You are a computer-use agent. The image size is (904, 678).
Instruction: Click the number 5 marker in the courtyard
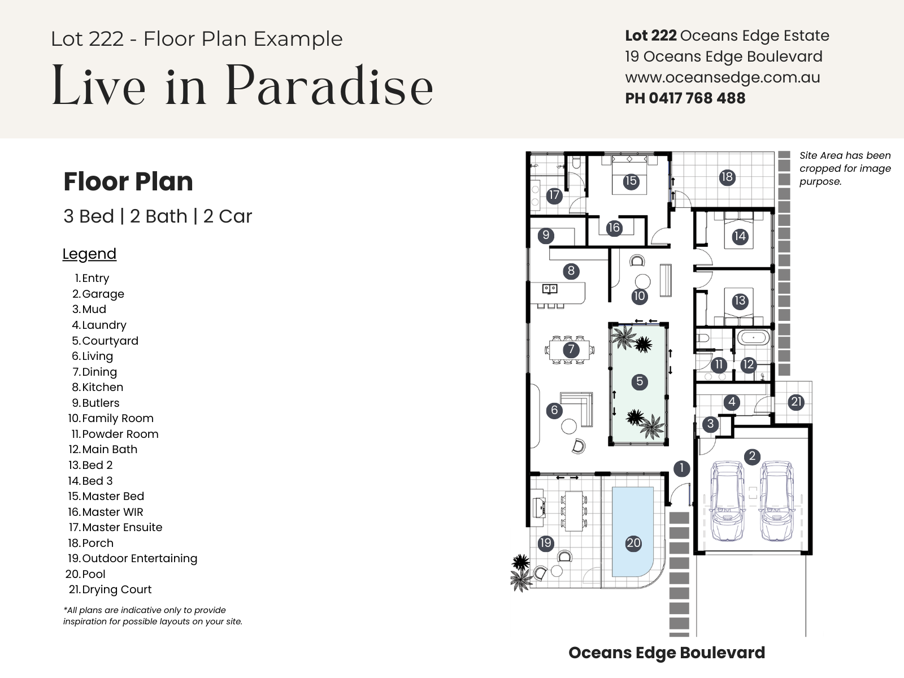click(x=640, y=381)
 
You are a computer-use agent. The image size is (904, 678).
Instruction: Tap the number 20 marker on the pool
click(x=633, y=543)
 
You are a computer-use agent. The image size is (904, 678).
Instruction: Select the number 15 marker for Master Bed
click(x=631, y=181)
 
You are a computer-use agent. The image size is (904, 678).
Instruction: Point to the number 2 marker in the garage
click(x=752, y=456)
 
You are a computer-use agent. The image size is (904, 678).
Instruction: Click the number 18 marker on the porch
click(x=727, y=177)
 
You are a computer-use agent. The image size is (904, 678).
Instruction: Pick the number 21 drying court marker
click(x=796, y=402)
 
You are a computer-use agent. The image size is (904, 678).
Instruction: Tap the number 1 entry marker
click(x=681, y=468)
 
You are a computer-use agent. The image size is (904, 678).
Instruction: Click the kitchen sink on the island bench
click(x=550, y=289)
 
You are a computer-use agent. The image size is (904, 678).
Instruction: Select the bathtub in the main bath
click(x=753, y=338)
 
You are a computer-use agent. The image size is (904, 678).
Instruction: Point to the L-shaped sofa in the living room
click(x=578, y=408)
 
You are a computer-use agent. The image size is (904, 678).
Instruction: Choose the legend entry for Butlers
click(x=96, y=403)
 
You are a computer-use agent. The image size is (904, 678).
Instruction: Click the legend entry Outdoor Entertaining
click(x=133, y=559)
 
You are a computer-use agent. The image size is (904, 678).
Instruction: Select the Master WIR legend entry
click(x=106, y=512)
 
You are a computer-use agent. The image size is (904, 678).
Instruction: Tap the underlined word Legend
click(x=89, y=254)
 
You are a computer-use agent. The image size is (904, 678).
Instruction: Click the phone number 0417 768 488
click(x=697, y=98)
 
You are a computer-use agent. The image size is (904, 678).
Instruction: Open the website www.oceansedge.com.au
click(x=723, y=78)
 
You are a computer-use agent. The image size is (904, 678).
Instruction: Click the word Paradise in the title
click(x=329, y=86)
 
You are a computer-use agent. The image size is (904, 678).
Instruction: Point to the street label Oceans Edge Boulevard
click(x=667, y=653)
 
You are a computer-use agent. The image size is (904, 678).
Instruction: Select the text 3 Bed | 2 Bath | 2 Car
click(x=157, y=216)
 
